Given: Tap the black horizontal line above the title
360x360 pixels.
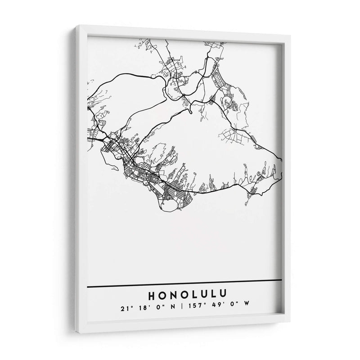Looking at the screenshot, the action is [x=184, y=283].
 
